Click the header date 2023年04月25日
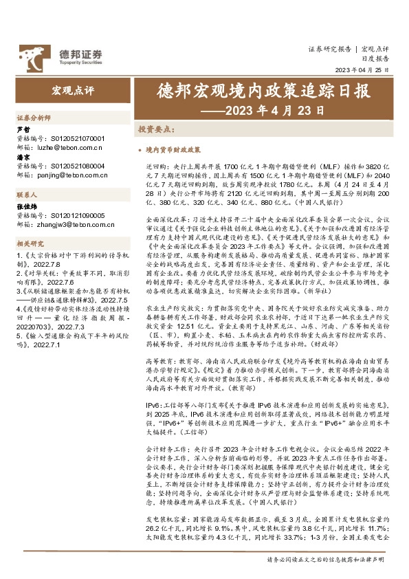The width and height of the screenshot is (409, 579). point(362,71)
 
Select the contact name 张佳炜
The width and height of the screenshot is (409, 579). point(27,206)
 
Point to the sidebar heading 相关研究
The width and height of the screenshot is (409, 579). point(30,244)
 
